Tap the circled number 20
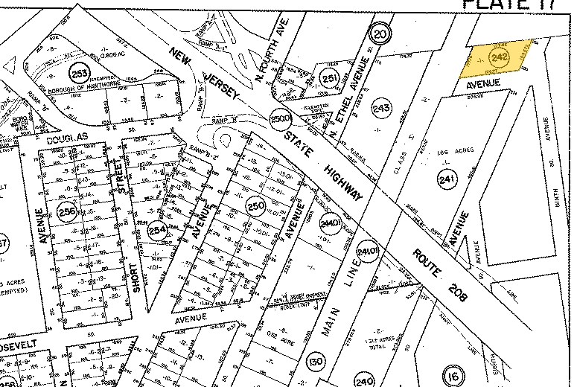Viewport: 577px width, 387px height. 380,33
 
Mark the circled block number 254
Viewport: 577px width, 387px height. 156,231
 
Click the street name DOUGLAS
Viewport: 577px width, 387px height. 67,138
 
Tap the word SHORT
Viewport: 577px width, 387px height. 134,279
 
